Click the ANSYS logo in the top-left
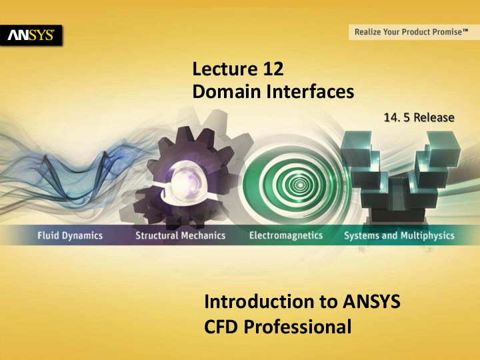pyautogui.click(x=31, y=35)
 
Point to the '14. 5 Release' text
pyautogui.click(x=419, y=117)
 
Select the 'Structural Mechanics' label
pyautogui.click(x=180, y=235)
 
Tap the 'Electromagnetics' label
pyautogui.click(x=285, y=235)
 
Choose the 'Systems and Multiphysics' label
pyautogui.click(x=399, y=235)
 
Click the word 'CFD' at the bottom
pyautogui.click(x=223, y=327)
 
